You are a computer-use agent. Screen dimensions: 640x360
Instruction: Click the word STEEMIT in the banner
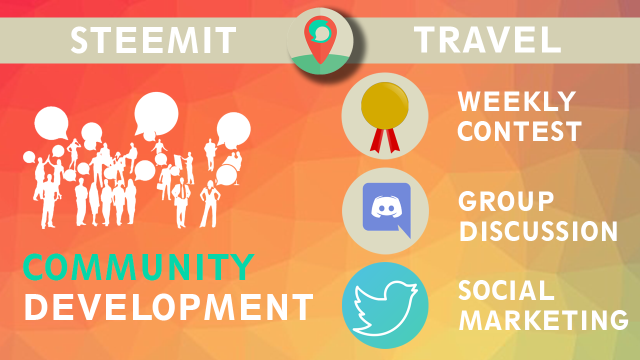coord(153,40)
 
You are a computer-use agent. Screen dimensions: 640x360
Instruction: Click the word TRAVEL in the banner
coord(487,39)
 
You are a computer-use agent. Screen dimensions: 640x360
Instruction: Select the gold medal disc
coord(384,105)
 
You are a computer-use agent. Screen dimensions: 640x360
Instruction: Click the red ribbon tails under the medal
coord(384,140)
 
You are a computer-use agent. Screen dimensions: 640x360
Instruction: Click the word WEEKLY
coord(516,101)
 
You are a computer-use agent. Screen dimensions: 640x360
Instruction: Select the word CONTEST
coord(519,131)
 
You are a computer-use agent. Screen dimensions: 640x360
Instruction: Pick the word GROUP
coord(506,201)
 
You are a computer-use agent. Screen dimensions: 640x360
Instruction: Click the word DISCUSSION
coord(538,231)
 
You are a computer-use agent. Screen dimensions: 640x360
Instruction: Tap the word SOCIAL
coord(506,290)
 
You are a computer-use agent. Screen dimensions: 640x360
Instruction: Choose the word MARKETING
coord(543,319)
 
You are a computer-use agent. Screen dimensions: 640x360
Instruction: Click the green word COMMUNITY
coord(138,267)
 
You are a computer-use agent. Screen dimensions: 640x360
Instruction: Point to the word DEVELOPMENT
coord(169,307)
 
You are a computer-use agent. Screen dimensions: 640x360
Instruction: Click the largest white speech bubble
coord(156,114)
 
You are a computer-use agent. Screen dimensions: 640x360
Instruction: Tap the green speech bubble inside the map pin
coord(320,31)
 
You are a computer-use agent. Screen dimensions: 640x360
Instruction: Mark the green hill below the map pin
coord(320,64)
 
